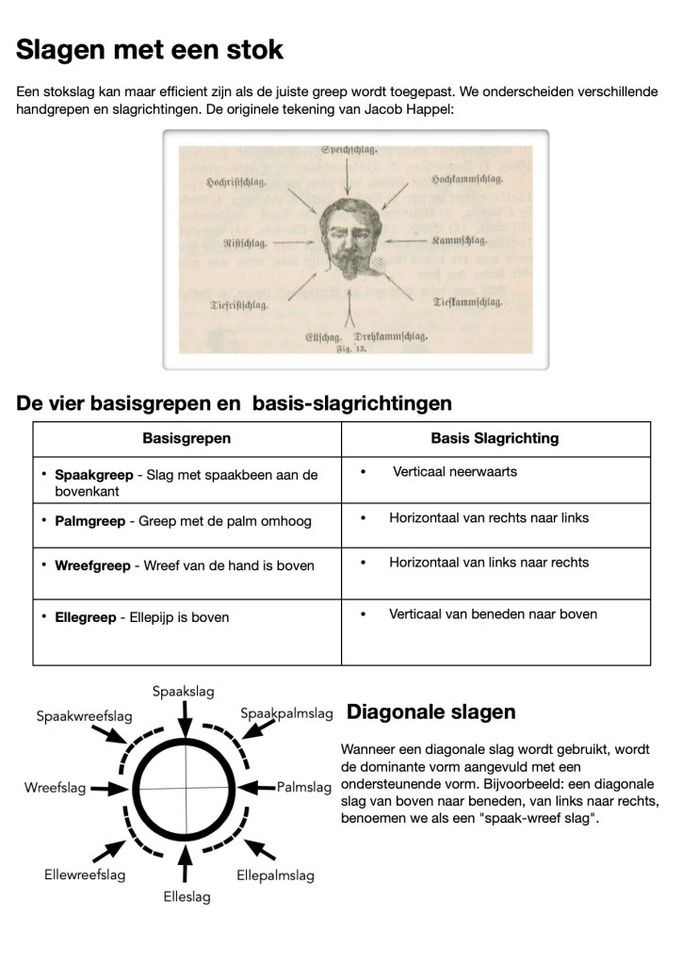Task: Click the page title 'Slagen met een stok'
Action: (x=150, y=50)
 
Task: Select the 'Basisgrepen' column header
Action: (x=187, y=438)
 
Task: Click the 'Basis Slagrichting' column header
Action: (x=495, y=438)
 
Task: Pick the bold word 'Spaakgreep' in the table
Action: (x=94, y=476)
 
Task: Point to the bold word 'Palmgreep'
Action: (x=92, y=521)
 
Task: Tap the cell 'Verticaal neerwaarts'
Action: (x=455, y=471)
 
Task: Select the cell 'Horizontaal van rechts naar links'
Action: (x=489, y=517)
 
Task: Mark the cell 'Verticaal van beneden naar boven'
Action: (x=493, y=613)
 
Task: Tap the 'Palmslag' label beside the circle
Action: (x=304, y=786)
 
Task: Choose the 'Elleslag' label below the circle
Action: (x=187, y=896)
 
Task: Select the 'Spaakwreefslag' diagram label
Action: (x=83, y=716)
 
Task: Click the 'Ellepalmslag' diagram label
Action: (x=275, y=875)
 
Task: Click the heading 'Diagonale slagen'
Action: (x=431, y=712)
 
